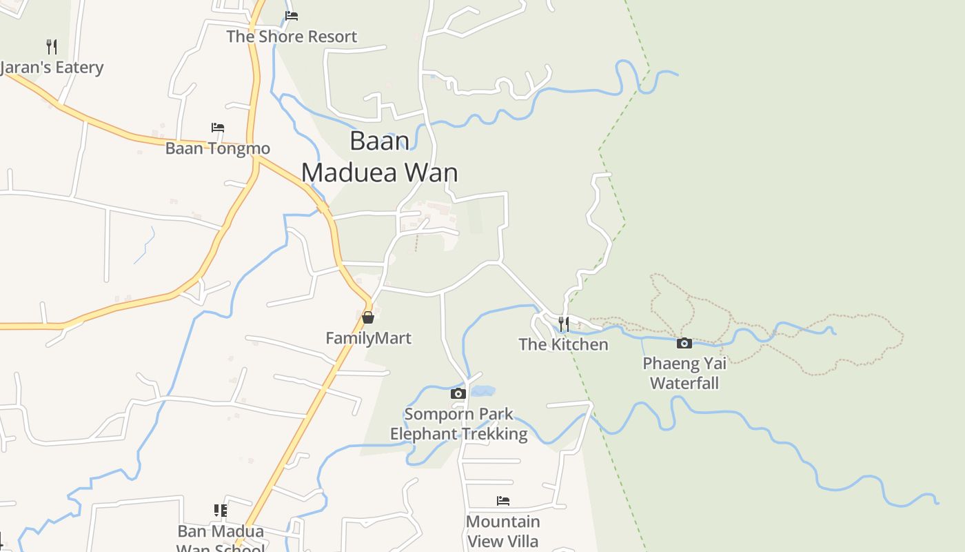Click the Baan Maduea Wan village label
point(380,156)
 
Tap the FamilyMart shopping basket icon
point(368,317)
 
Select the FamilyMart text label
point(368,338)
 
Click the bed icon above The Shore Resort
point(292,16)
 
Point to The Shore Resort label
point(292,37)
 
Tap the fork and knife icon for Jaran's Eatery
point(51,47)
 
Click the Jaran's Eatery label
point(52,68)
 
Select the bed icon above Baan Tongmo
point(218,128)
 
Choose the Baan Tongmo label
point(218,148)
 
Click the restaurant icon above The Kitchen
point(563,324)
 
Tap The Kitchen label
point(563,344)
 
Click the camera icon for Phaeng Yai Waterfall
point(684,343)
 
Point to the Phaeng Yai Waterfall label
point(684,373)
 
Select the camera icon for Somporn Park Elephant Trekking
point(458,393)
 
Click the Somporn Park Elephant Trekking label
point(459,424)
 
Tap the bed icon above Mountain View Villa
point(503,501)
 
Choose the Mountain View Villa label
point(503,531)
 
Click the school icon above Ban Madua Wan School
point(221,511)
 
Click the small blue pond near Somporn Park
point(482,391)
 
